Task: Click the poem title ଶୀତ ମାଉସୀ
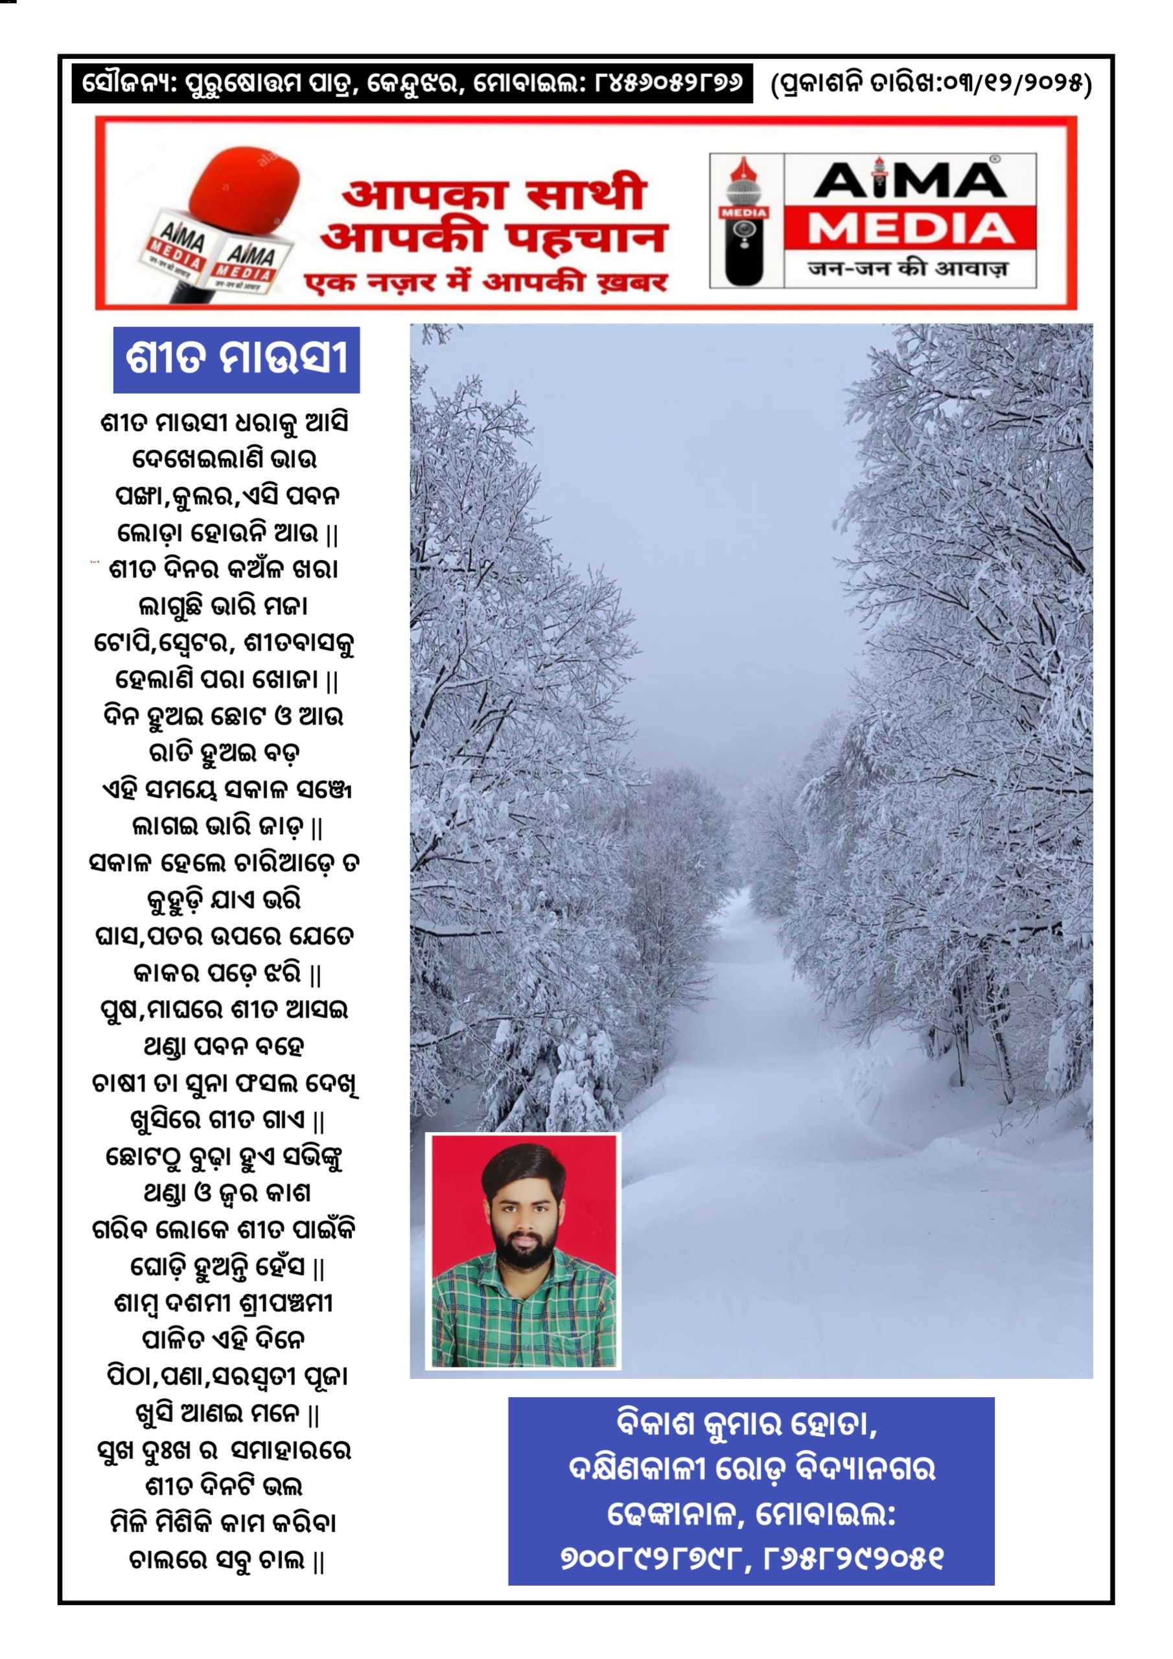[237, 359]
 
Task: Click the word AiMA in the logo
[910, 181]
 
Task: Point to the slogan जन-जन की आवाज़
[908, 269]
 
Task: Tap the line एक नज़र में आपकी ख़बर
[485, 283]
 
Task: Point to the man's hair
[522, 1167]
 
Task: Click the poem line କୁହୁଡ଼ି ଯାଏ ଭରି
[224, 900]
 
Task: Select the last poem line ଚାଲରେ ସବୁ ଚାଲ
[226, 1560]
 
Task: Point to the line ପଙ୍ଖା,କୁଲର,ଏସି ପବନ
[227, 496]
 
